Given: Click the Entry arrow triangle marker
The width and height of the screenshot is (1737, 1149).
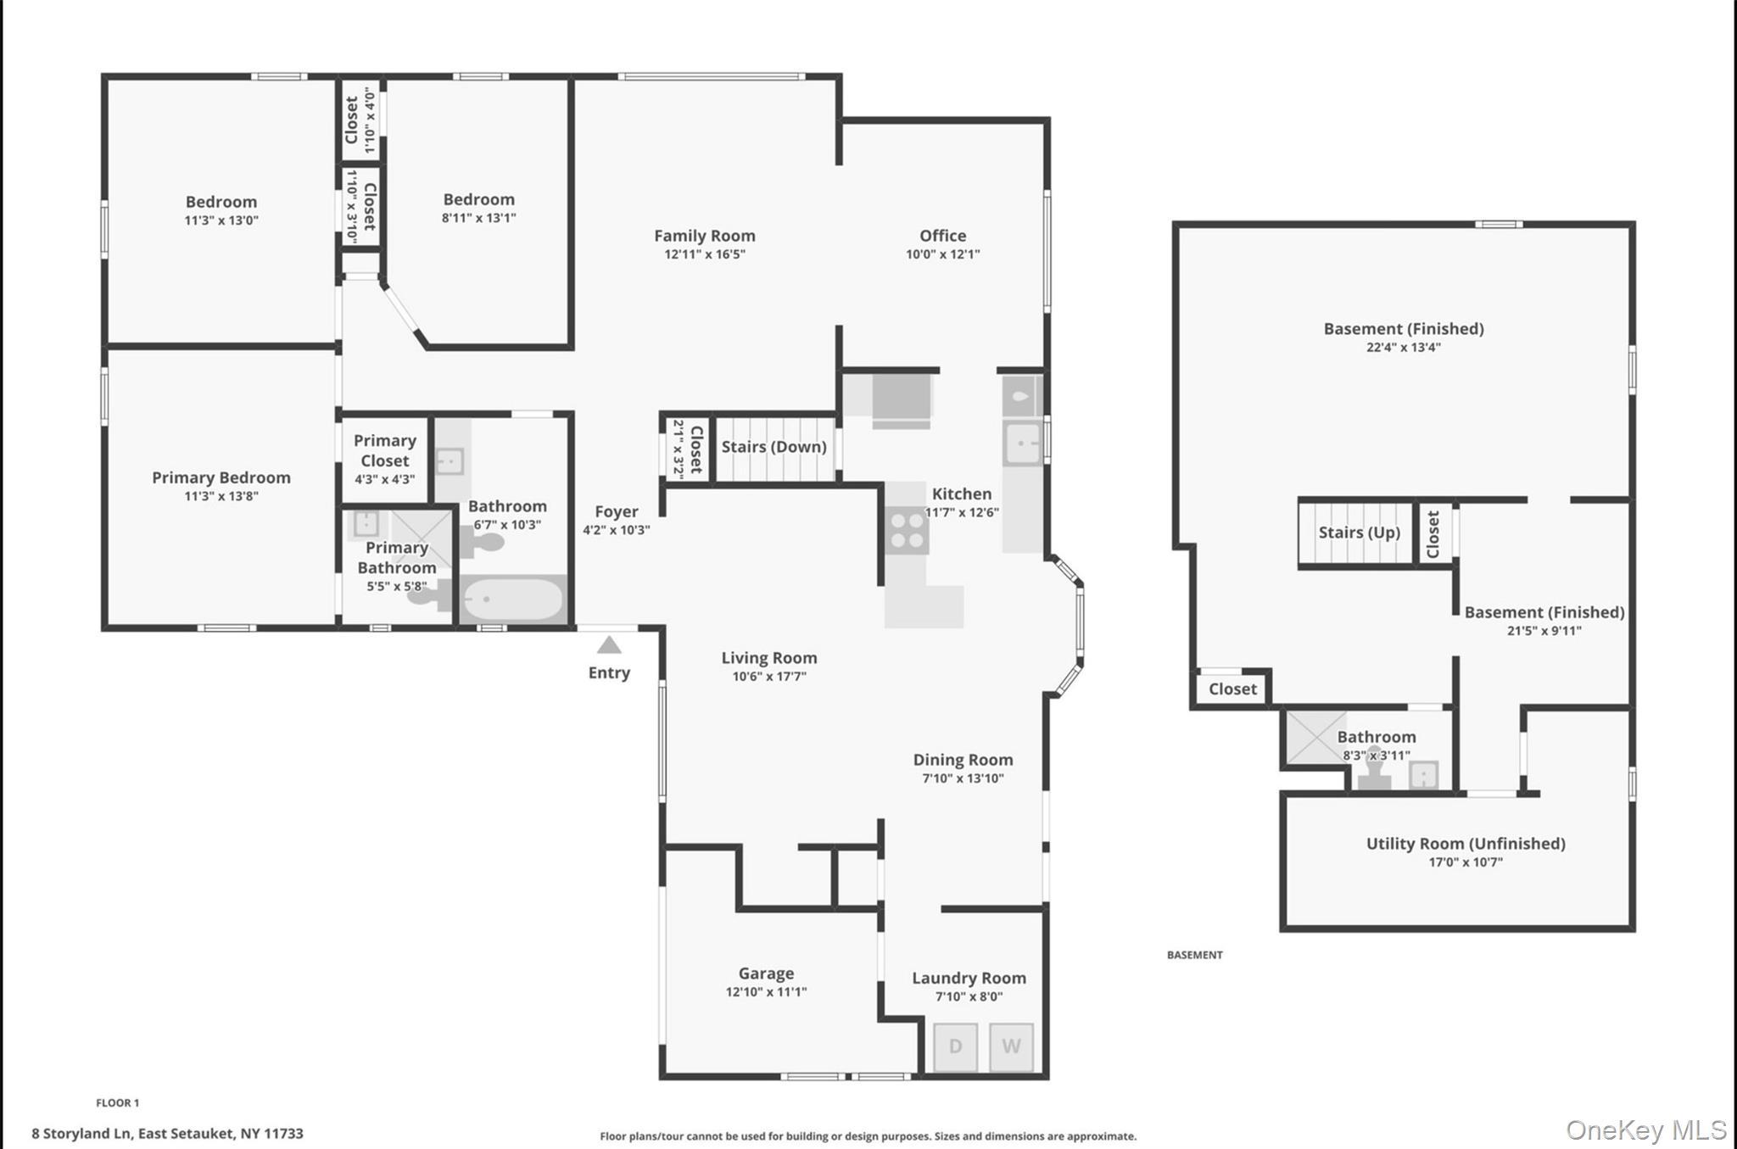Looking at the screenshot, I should (609, 645).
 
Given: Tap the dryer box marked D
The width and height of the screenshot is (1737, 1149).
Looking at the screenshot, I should (955, 1046).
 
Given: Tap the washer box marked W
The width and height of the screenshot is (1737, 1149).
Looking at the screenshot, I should (1011, 1046).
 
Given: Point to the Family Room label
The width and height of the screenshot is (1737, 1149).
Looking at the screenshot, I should (704, 236).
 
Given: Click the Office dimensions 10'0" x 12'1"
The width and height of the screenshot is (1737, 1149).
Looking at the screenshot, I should (942, 254).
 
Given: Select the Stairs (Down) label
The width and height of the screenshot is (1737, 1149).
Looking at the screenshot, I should (774, 447).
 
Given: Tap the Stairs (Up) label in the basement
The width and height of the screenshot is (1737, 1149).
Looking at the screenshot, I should (1359, 533).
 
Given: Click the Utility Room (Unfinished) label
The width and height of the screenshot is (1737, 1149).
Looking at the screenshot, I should (1465, 843).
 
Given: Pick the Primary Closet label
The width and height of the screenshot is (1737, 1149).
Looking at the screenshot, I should (384, 450).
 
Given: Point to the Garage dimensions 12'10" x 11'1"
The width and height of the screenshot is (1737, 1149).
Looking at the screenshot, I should (766, 992).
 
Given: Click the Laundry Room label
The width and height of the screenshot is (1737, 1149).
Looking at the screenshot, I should (969, 978).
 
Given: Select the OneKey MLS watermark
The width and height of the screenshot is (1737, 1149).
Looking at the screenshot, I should (1645, 1129).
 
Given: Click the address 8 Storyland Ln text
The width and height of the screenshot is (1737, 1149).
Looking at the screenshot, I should (167, 1133).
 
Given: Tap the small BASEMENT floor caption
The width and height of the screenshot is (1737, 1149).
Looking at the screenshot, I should (1194, 955).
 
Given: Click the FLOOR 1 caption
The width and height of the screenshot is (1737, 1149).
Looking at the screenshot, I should (117, 1102).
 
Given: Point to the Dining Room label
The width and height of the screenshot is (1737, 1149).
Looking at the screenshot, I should (963, 760).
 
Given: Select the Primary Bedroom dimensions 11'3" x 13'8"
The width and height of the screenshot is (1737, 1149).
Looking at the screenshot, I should (221, 496).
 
